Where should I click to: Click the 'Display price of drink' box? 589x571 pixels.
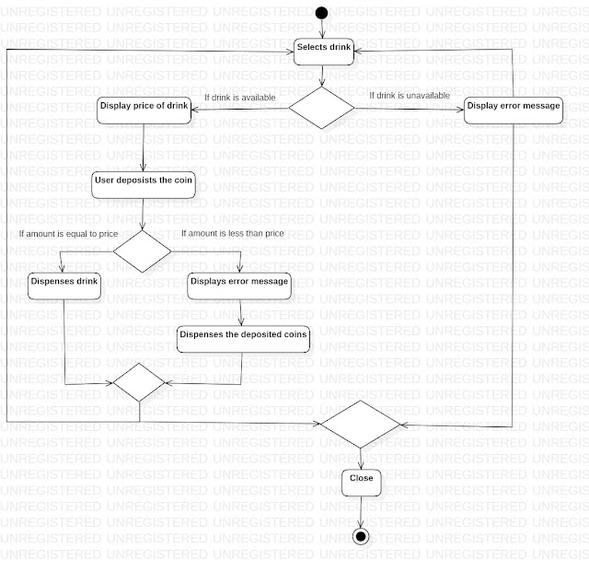pyautogui.click(x=144, y=107)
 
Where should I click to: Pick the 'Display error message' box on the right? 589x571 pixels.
pyautogui.click(x=513, y=107)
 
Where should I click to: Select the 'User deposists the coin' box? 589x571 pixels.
pyautogui.click(x=144, y=181)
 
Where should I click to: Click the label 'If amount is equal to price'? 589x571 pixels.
pyautogui.click(x=68, y=234)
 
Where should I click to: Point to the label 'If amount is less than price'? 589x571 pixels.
pyautogui.click(x=232, y=234)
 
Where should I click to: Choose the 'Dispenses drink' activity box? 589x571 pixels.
pyautogui.click(x=64, y=283)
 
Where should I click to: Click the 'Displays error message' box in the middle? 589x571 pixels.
pyautogui.click(x=239, y=283)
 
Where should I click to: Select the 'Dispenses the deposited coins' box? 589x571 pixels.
pyautogui.click(x=243, y=337)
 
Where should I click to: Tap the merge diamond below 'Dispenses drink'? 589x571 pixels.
pyautogui.click(x=138, y=382)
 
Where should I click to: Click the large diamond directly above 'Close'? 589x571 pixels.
pyautogui.click(x=360, y=425)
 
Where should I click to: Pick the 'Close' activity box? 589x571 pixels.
pyautogui.click(x=361, y=479)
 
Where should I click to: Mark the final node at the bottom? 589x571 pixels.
pyautogui.click(x=361, y=536)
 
